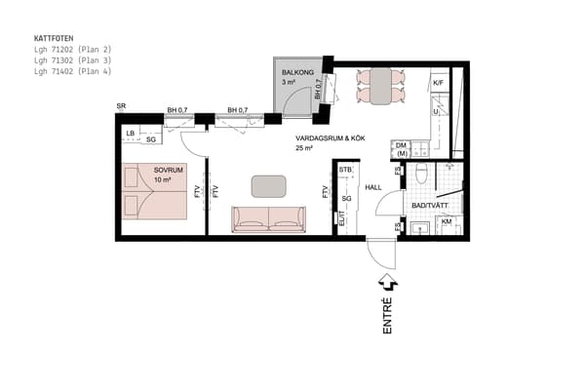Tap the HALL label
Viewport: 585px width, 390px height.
(374, 187)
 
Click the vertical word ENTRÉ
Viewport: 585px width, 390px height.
(388, 318)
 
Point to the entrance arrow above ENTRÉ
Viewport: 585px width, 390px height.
(388, 284)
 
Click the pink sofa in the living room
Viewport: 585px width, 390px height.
(267, 219)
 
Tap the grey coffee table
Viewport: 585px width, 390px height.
(268, 185)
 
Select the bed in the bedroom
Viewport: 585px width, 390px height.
(155, 191)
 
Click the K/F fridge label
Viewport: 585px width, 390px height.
(439, 84)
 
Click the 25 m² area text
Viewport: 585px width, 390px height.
(305, 149)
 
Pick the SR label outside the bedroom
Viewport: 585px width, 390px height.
(121, 105)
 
